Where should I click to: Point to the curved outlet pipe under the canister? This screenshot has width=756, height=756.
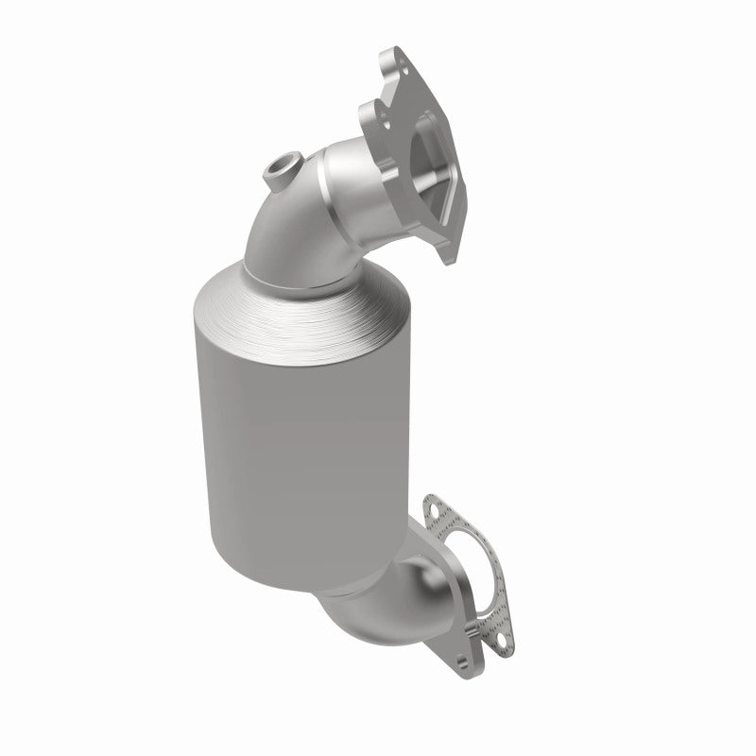pyautogui.click(x=378, y=605)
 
